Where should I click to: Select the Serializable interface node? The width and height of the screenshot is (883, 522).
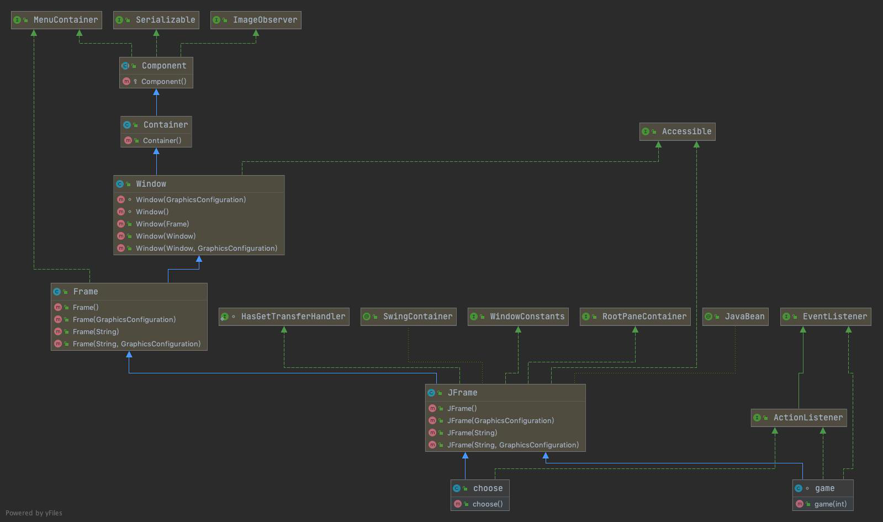tap(156, 20)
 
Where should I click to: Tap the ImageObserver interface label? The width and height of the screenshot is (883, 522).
tap(256, 20)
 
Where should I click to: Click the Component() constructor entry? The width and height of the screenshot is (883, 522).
tap(163, 81)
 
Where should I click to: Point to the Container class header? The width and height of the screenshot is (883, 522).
tap(157, 125)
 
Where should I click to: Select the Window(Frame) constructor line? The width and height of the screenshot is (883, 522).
tap(162, 224)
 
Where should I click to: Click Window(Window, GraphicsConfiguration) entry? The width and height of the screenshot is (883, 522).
tap(206, 248)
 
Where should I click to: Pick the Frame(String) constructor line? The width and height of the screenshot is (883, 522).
tap(96, 331)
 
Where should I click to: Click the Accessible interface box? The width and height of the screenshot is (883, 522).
tap(677, 131)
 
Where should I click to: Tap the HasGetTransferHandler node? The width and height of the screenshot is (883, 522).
tap(284, 317)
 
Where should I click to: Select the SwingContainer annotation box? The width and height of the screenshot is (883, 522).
tap(409, 317)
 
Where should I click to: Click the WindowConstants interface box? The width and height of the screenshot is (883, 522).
tap(518, 317)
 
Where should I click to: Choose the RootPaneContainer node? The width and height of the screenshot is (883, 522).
tap(635, 317)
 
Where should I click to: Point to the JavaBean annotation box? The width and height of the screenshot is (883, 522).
tap(735, 317)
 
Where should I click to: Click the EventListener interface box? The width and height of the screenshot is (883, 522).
tap(826, 317)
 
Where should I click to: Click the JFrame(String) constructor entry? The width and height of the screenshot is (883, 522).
tap(472, 433)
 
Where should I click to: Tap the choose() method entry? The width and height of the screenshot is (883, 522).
tap(487, 504)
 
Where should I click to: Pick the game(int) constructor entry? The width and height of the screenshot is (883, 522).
tap(830, 504)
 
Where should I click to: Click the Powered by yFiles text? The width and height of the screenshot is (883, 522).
tap(34, 513)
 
